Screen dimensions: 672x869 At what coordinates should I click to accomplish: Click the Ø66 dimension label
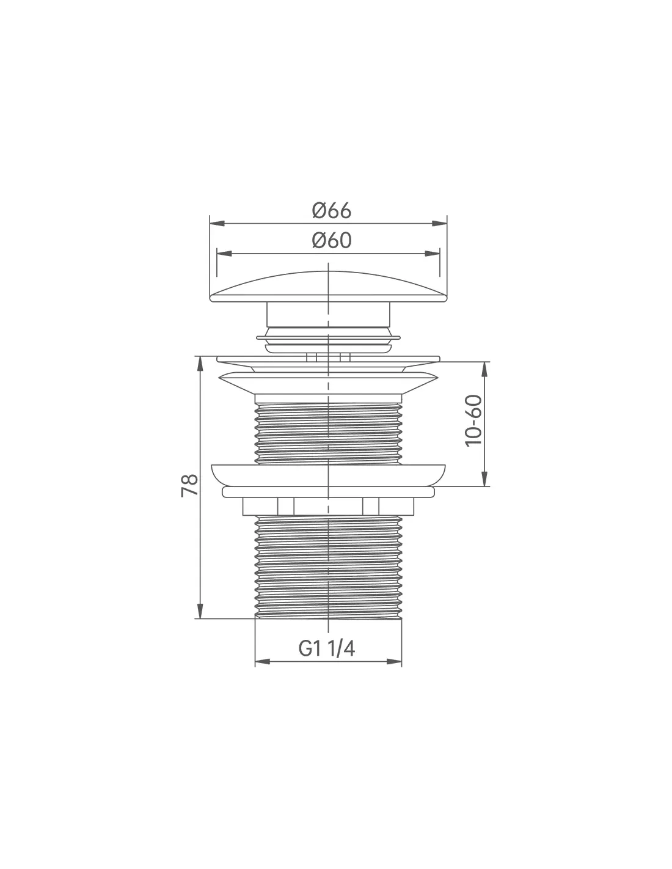[331, 211]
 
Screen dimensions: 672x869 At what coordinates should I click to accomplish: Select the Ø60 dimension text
[331, 240]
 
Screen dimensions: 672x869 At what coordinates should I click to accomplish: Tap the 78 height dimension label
[190, 485]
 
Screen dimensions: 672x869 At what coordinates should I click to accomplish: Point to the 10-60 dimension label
[473, 420]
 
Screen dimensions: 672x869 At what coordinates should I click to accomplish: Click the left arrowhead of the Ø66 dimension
[217, 224]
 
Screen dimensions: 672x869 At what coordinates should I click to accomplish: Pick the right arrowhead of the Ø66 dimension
[439, 224]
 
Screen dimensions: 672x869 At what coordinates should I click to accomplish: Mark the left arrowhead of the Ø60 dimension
[224, 254]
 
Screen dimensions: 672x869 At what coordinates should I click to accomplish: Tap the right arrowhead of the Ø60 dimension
[433, 254]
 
